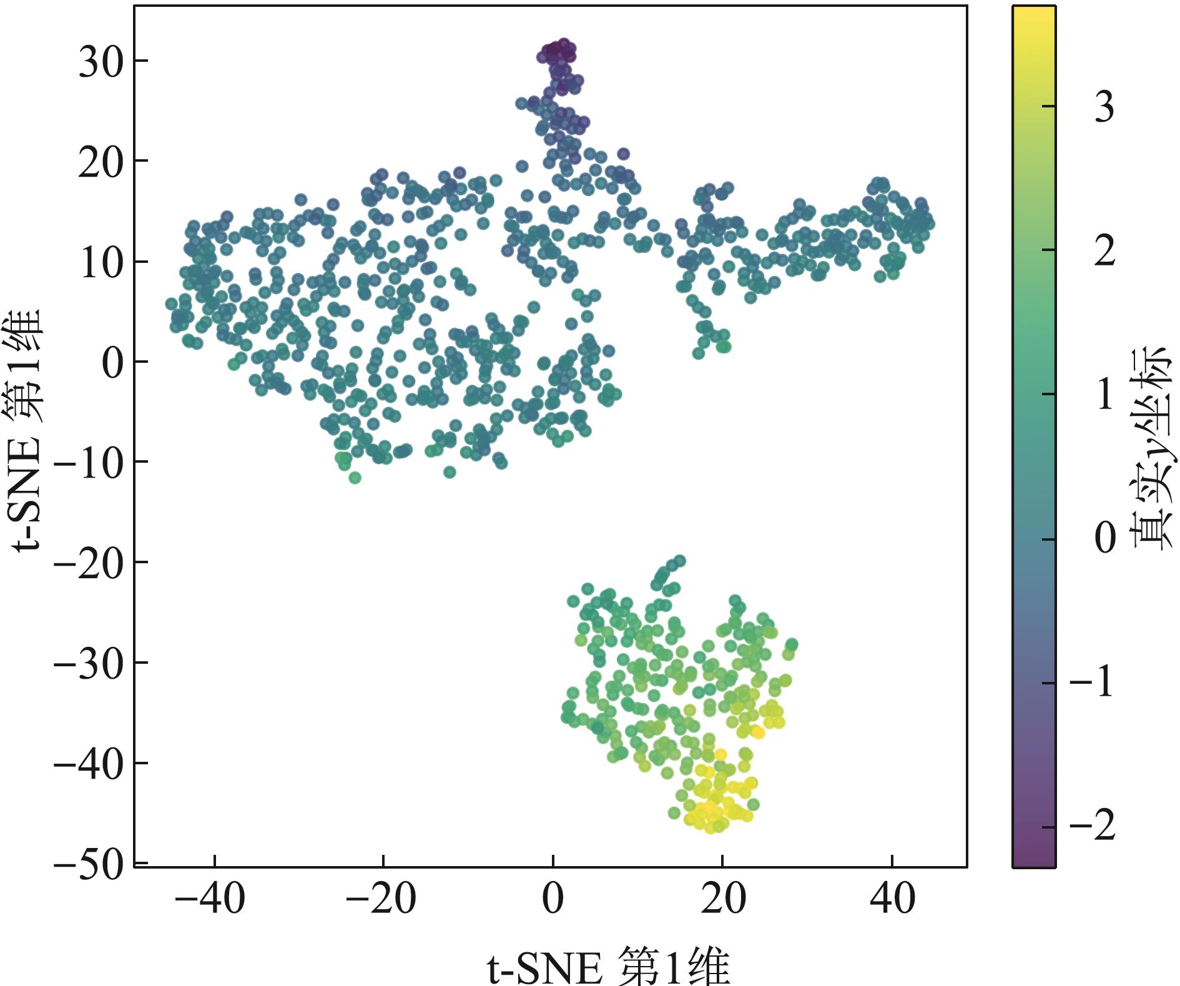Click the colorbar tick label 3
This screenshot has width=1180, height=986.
point(1104,107)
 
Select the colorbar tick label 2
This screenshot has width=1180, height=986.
point(1104,252)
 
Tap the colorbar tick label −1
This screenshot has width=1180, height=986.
point(1093,684)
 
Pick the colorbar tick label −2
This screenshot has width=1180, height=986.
point(1093,827)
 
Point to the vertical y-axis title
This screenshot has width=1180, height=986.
point(27,431)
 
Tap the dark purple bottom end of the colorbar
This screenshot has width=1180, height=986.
point(1034,860)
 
